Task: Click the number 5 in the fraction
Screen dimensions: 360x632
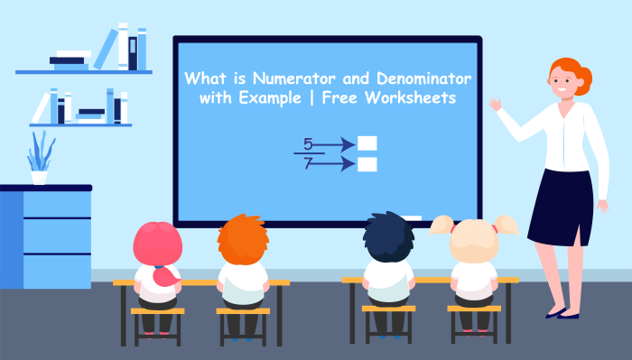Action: (307, 144)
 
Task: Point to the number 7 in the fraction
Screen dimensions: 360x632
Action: (307, 164)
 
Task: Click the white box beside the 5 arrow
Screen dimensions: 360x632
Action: (367, 143)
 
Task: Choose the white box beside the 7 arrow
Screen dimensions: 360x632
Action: (367, 164)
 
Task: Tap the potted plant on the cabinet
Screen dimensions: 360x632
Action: (40, 159)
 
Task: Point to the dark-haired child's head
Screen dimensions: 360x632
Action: (389, 238)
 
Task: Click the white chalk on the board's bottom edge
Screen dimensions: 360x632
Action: (412, 218)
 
